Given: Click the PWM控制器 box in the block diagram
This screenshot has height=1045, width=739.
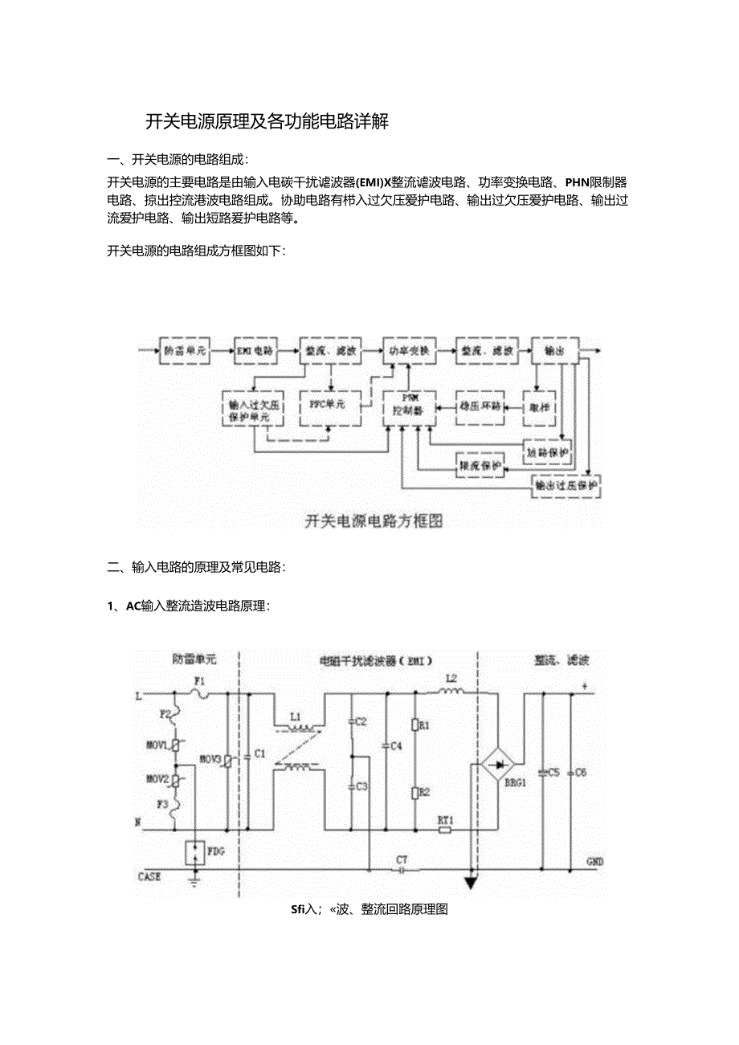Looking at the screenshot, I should coord(409,405).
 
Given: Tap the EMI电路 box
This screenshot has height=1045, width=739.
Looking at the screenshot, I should coord(254,351).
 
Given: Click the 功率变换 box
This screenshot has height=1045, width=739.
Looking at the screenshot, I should coord(409,351).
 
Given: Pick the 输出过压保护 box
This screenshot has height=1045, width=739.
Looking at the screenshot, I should coord(566,486).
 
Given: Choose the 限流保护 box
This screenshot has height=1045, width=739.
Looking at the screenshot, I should coord(480,465).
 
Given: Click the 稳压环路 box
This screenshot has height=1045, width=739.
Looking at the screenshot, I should coord(480,406).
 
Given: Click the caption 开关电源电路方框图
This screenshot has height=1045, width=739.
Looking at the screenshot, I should coord(374,521).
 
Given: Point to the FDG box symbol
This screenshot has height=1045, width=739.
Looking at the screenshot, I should coord(194,853).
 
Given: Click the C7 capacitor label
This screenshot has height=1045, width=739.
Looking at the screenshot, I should coord(402,859).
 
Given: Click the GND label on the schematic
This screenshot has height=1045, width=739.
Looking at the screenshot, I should coord(594,862).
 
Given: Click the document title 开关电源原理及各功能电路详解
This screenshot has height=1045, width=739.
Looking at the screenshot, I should coord(267,122).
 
